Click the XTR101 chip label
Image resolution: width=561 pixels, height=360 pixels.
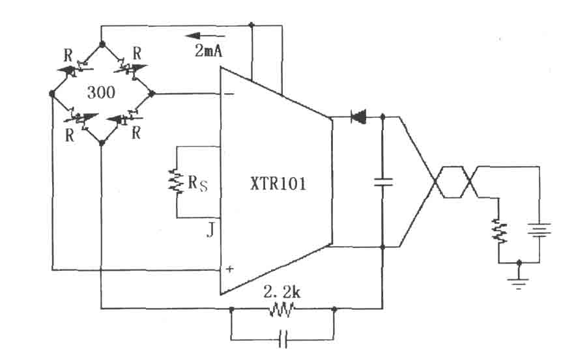pyautogui.click(x=278, y=184)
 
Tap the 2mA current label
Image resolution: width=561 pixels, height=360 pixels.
pyautogui.click(x=209, y=51)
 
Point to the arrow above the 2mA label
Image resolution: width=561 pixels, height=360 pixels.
pyautogui.click(x=205, y=36)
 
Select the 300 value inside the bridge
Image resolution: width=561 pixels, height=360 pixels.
pyautogui.click(x=101, y=92)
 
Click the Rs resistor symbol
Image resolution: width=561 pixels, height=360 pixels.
pyautogui.click(x=177, y=181)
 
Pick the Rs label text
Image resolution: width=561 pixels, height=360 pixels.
pyautogui.click(x=197, y=183)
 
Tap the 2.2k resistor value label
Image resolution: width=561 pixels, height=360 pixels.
pyautogui.click(x=282, y=292)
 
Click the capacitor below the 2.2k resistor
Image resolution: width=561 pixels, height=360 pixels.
pyautogui.click(x=283, y=339)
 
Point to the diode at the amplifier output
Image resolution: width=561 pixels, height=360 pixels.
pyautogui.click(x=358, y=117)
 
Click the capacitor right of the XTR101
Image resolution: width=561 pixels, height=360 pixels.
pyautogui.click(x=383, y=182)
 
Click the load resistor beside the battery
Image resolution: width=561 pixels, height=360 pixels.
pyautogui.click(x=500, y=231)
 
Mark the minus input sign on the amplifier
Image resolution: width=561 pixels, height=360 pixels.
pyautogui.click(x=229, y=94)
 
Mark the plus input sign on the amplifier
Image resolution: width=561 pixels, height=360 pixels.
pyautogui.click(x=229, y=269)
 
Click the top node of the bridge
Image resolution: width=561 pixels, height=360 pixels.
pyautogui.click(x=102, y=44)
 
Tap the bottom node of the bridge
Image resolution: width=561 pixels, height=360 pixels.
pyautogui.click(x=102, y=143)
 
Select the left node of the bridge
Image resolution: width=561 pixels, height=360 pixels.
pyautogui.click(x=52, y=94)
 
